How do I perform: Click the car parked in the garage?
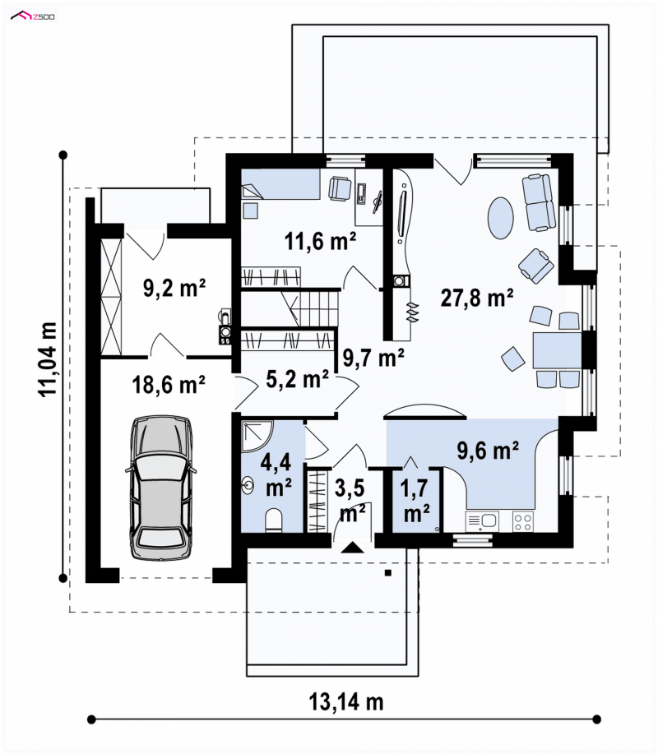point(160,488)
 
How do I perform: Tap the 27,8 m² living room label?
point(477,298)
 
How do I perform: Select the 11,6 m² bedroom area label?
point(320,240)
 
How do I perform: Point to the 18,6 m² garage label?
point(169,385)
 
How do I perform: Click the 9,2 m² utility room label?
point(174,288)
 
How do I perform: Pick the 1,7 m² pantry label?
point(415,501)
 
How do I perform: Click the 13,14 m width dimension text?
point(345,702)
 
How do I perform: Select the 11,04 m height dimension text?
point(48,359)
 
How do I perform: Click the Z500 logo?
point(33,16)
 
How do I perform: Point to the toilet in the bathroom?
point(274,520)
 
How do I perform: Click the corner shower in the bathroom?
point(257,437)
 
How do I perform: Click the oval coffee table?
point(501,218)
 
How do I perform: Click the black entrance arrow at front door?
point(353,548)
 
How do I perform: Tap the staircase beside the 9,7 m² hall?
point(290,308)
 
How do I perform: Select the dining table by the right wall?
point(558,351)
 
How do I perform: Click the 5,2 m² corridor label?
point(297,379)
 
